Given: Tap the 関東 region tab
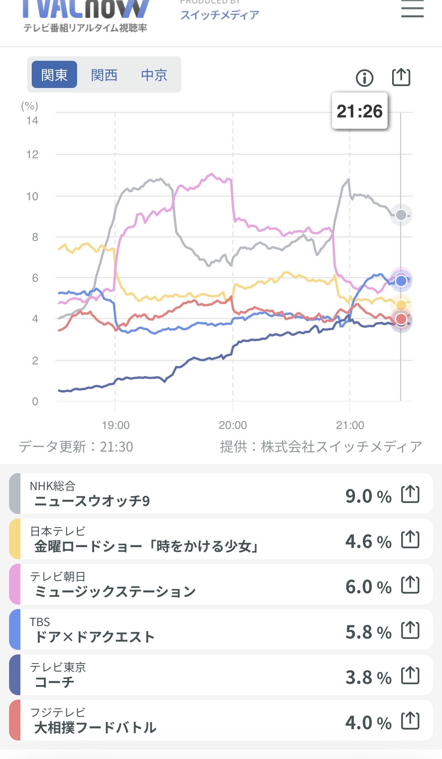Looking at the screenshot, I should [x=54, y=75].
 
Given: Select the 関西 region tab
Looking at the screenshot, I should [x=104, y=75].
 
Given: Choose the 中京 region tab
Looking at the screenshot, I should [x=154, y=75].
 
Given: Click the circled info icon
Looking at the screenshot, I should [x=365, y=78].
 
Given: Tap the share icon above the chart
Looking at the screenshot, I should [x=400, y=77].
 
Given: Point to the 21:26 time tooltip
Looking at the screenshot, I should [x=360, y=111].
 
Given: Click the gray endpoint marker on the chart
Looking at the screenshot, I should [x=401, y=215].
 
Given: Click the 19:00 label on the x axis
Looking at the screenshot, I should [x=116, y=425].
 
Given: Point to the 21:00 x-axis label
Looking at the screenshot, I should [x=350, y=425].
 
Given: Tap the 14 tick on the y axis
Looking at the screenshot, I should [x=32, y=120].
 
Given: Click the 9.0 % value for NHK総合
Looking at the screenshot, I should [x=368, y=496].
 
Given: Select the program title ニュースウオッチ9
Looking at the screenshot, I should [x=92, y=501].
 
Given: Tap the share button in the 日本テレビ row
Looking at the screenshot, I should [x=410, y=539].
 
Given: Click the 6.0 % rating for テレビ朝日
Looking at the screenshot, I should [x=368, y=586].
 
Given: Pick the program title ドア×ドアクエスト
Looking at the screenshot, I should [x=94, y=637].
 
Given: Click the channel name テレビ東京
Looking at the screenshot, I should [x=58, y=667].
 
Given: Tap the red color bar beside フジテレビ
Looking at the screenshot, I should [x=14, y=720].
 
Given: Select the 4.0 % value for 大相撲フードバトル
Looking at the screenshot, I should [x=368, y=722].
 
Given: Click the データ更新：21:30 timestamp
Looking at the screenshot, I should [x=76, y=447].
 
